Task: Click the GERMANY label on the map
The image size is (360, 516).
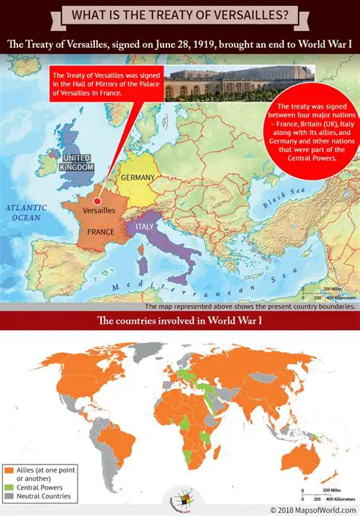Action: pyautogui.click(x=137, y=178)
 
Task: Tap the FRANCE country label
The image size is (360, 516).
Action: pyautogui.click(x=100, y=231)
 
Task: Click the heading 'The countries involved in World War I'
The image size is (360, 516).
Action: pyautogui.click(x=179, y=321)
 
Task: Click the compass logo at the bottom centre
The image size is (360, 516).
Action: pyautogui.click(x=180, y=499)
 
